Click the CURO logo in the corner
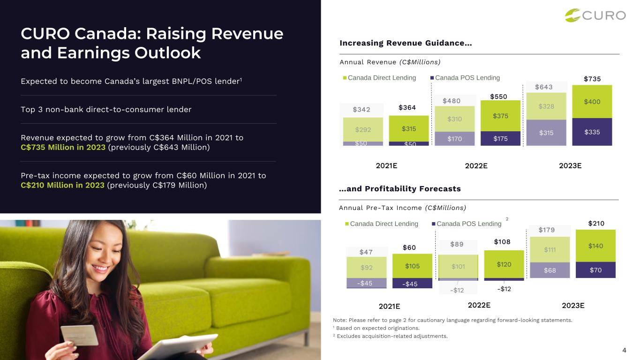click(595, 15)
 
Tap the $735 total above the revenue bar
click(592, 79)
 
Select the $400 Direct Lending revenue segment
click(592, 102)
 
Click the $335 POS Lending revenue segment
click(592, 132)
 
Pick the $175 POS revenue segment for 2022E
click(500, 138)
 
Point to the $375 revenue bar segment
click(500, 116)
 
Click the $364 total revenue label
click(407, 108)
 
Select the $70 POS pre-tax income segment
click(595, 270)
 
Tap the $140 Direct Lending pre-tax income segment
click(595, 246)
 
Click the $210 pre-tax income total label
click(596, 224)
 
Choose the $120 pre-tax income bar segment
click(504, 264)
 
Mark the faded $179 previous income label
click(546, 230)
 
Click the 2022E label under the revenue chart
click(476, 165)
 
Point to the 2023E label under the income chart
click(573, 306)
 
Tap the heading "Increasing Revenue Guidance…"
click(406, 44)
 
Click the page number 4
click(624, 350)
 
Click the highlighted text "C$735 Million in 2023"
click(63, 148)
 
